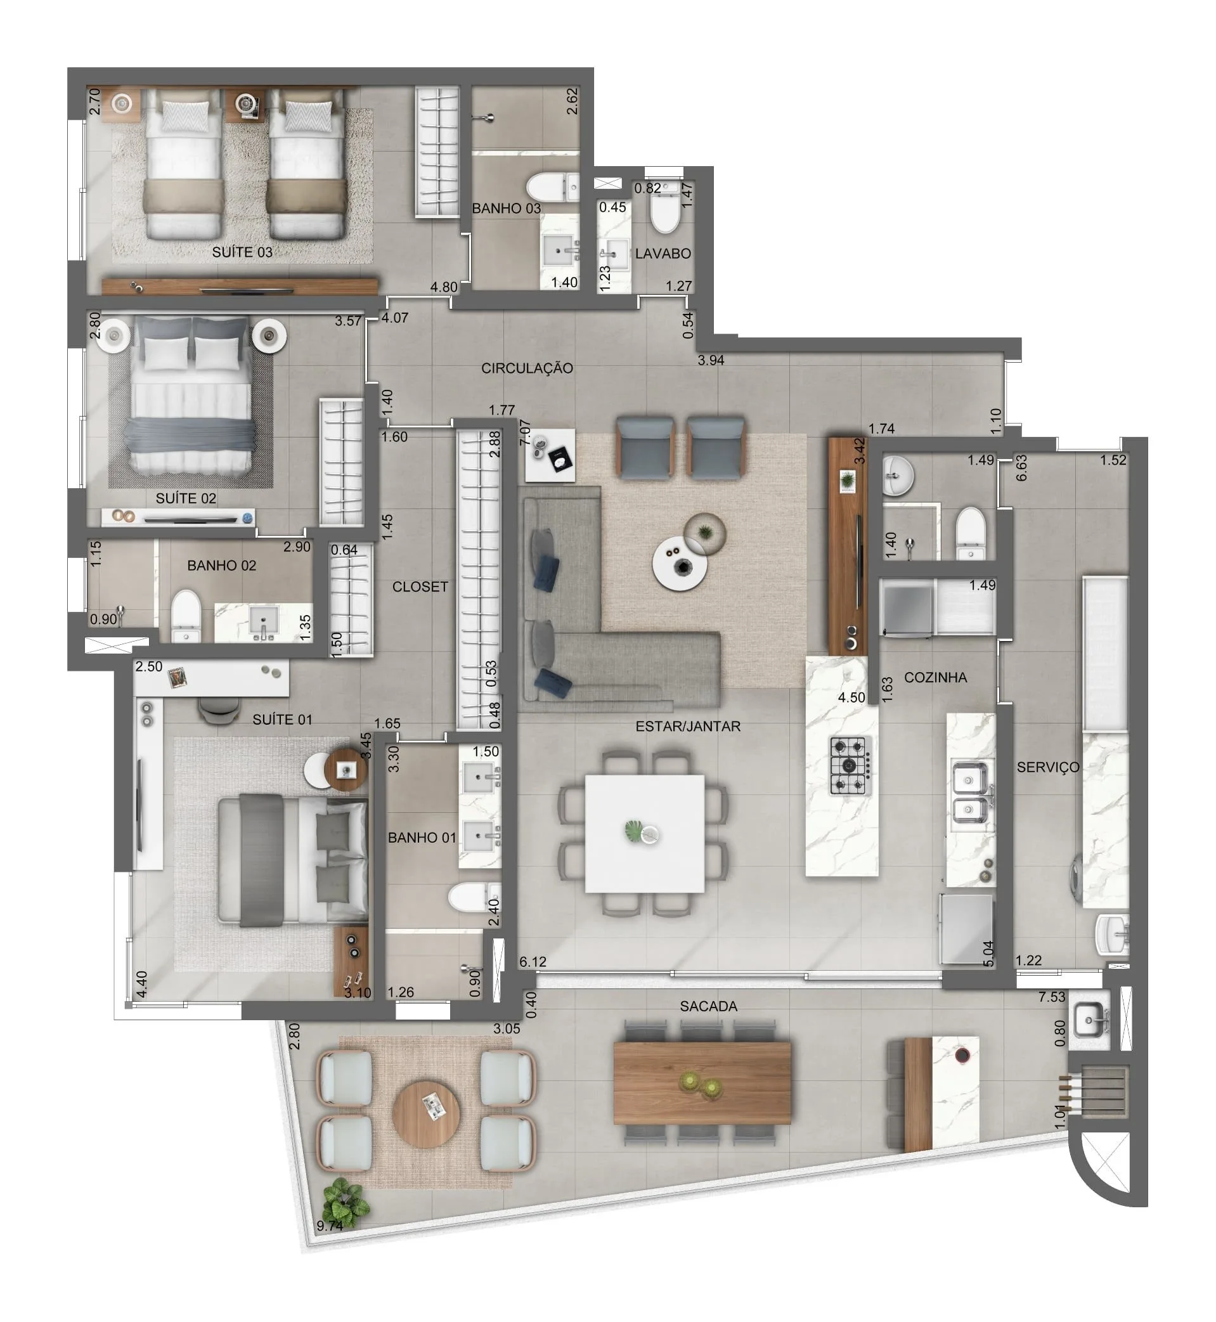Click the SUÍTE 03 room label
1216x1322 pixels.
(x=242, y=252)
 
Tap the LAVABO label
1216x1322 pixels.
(x=663, y=254)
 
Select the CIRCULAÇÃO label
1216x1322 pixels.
(x=526, y=368)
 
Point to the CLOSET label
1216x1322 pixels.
(x=420, y=586)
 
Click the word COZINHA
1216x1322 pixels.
(x=935, y=677)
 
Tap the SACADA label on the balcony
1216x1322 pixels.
(x=708, y=1006)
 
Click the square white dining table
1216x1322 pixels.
(x=644, y=833)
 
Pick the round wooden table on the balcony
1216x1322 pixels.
(x=426, y=1113)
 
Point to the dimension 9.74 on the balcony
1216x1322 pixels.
(x=329, y=1226)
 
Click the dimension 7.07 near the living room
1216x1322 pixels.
(x=524, y=432)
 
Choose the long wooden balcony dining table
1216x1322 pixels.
(x=701, y=1082)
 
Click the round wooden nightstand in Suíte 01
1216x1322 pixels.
(x=346, y=768)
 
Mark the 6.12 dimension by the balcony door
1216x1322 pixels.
(x=533, y=961)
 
